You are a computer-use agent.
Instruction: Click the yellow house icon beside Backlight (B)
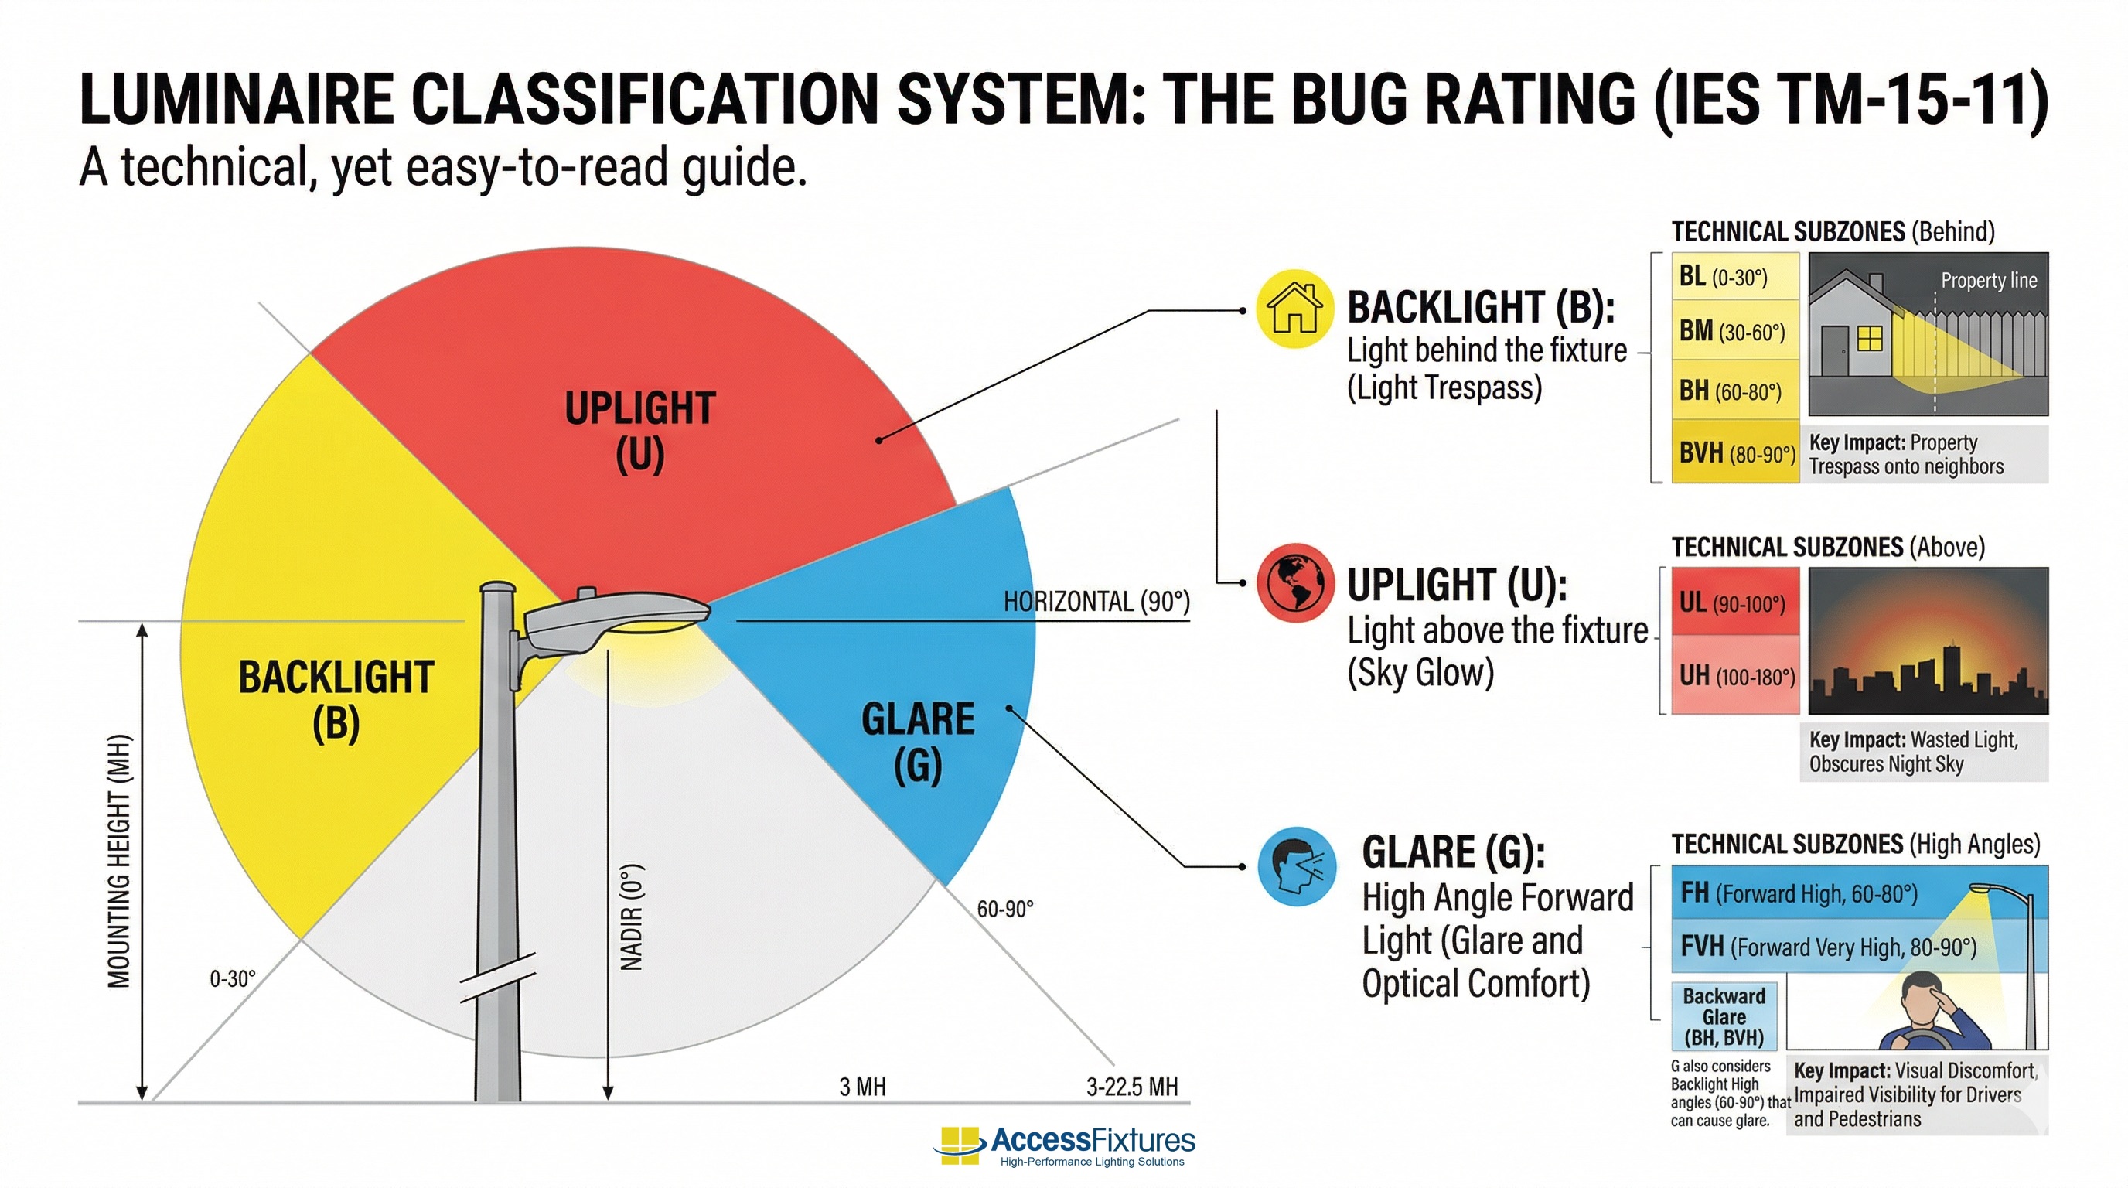[1294, 308]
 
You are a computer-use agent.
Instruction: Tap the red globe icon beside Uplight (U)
[1295, 582]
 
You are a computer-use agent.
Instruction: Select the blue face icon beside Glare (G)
[1297, 865]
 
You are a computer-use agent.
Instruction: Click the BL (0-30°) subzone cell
[1734, 276]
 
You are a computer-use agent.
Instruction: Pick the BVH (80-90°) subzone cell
[1734, 451]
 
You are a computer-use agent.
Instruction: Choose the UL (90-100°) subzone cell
[1734, 602]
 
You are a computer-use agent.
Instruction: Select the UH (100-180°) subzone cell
[1734, 675]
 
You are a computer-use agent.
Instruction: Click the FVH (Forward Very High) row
[1859, 946]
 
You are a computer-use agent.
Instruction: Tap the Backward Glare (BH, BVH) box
[1724, 1016]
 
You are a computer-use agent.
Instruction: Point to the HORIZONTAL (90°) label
[1096, 602]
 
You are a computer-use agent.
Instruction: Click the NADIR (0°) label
[631, 917]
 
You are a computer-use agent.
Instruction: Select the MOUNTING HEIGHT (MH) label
[119, 861]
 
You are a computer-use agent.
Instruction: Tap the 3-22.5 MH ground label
[1132, 1087]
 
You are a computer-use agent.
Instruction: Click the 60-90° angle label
[1004, 909]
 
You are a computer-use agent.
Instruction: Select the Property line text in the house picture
[1988, 280]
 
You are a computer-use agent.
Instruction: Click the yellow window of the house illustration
[1870, 338]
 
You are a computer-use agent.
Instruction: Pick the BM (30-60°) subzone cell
[1734, 330]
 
